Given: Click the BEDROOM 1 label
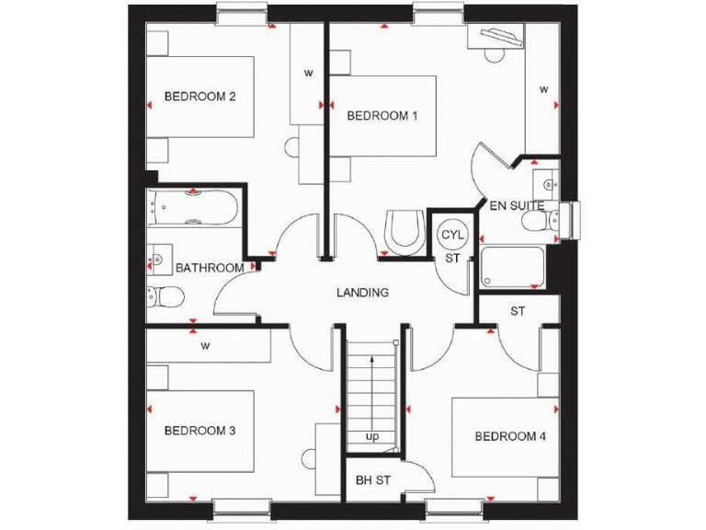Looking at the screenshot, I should pyautogui.click(x=382, y=116).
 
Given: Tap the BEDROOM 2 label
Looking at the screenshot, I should pyautogui.click(x=201, y=97).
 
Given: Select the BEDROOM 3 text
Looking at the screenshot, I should pyautogui.click(x=200, y=431).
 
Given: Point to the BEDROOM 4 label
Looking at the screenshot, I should pyautogui.click(x=510, y=436).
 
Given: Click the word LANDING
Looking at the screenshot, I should pyautogui.click(x=362, y=293).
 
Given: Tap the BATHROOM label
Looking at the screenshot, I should pyautogui.click(x=210, y=268).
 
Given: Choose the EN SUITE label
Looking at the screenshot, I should pyautogui.click(x=516, y=205).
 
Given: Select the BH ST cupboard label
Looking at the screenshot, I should pyautogui.click(x=373, y=481).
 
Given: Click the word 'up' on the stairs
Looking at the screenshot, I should pyautogui.click(x=372, y=436).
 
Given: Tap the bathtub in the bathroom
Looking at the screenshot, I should pyautogui.click(x=193, y=209).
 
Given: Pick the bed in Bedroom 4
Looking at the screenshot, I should pyautogui.click(x=505, y=437).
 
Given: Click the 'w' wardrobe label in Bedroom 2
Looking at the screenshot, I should pyautogui.click(x=309, y=72).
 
